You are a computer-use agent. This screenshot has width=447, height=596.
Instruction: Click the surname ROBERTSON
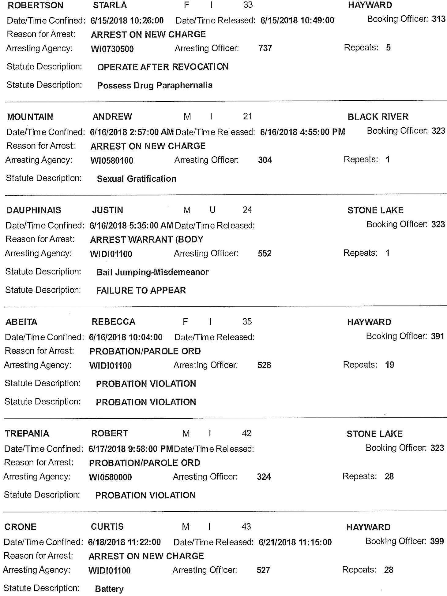(x=35, y=5)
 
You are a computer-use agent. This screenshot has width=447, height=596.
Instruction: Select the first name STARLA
(x=110, y=5)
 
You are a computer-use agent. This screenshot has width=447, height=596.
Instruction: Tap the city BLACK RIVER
(x=378, y=117)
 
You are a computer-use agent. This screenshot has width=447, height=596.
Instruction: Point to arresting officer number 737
(x=265, y=48)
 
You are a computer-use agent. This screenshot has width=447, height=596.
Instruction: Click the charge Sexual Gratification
(x=137, y=179)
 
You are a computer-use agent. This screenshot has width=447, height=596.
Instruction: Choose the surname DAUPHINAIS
(x=34, y=210)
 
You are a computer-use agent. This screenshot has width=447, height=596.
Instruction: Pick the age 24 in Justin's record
(x=247, y=210)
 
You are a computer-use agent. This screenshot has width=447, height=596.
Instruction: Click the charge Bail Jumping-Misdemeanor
(x=152, y=272)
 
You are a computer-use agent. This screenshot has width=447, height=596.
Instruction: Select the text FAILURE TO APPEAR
(x=141, y=291)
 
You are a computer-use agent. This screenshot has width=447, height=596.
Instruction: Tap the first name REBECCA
(x=113, y=322)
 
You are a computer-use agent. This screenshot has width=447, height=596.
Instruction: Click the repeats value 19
(x=389, y=365)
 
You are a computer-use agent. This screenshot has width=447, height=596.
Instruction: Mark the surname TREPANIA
(x=27, y=434)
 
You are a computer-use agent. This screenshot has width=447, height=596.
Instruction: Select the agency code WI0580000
(x=110, y=477)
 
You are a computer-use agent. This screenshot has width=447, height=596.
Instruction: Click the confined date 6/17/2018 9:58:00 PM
(x=131, y=449)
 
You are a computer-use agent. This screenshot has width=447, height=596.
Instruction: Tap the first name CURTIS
(x=107, y=527)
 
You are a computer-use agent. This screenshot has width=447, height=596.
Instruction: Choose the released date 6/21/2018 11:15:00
(x=295, y=542)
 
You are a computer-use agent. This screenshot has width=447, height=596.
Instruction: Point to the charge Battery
(x=109, y=589)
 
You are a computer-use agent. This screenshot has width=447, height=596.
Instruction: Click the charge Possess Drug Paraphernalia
(x=155, y=85)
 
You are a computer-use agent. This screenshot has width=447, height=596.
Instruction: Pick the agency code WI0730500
(x=112, y=49)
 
